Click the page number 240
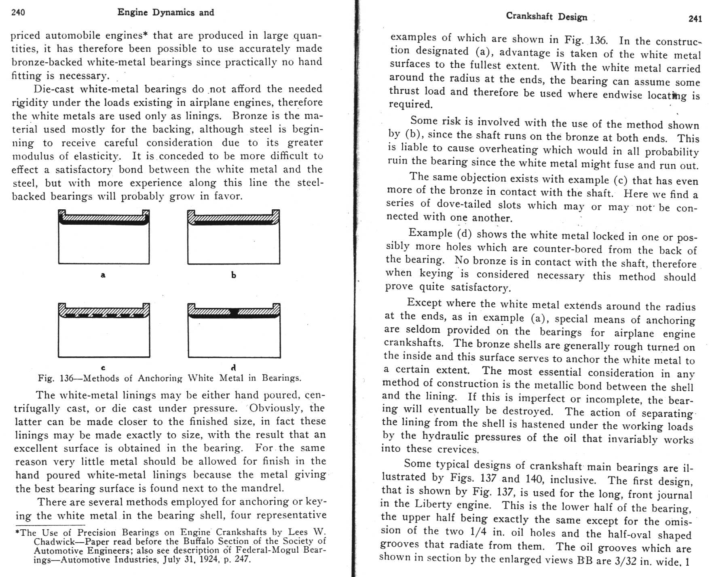18,12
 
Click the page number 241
695,19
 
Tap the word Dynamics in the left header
173,12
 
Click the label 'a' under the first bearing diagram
103,275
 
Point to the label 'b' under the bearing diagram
233,275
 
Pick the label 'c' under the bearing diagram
103,368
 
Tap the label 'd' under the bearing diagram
233,368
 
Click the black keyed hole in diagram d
234,312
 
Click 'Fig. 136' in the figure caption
56,379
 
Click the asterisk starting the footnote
17,533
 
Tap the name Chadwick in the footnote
52,541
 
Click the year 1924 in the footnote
202,560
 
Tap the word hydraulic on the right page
446,436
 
